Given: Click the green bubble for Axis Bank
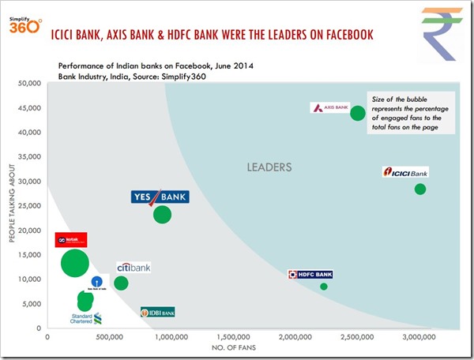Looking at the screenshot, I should [x=358, y=113].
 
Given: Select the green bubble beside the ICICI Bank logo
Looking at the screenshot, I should [x=420, y=189].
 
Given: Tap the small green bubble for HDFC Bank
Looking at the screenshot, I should [x=323, y=287].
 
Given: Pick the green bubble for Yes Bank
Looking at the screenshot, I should [x=162, y=214].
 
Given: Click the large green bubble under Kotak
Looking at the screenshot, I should [x=76, y=262].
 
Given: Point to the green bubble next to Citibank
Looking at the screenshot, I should [x=121, y=283].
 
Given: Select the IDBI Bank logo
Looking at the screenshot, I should [x=158, y=313].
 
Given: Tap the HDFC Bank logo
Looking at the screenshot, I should [x=311, y=274].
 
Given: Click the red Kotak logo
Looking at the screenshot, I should [x=70, y=240].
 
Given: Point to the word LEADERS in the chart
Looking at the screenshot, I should [x=269, y=167].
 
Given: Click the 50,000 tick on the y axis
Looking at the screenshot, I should [x=29, y=83].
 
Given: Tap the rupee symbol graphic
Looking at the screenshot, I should [x=439, y=32].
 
